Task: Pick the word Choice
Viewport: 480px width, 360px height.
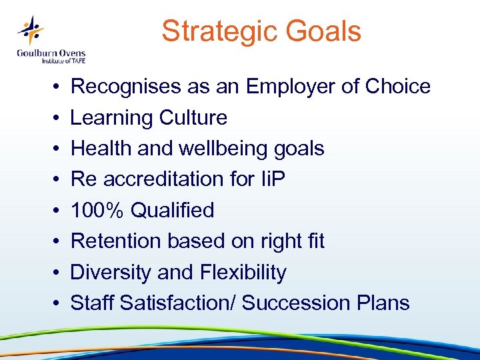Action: coord(399,87)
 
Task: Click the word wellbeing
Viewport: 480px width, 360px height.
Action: coord(227,149)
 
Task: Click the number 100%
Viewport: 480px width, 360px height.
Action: coord(97,210)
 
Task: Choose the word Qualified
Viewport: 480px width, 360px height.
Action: coord(173,210)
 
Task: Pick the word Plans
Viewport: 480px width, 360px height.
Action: coord(385,303)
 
